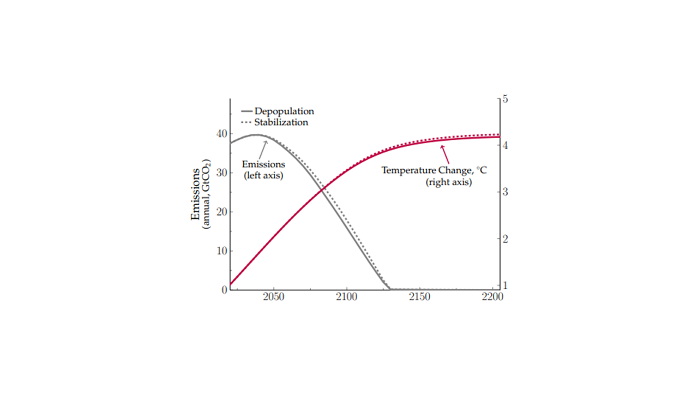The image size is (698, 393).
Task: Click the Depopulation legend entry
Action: (284, 111)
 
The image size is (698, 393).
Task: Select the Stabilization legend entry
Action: (281, 122)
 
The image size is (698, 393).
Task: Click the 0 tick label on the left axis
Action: (224, 290)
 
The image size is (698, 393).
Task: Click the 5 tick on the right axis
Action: (506, 99)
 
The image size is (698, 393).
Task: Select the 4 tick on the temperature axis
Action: (506, 146)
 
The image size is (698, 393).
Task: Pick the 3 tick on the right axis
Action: (506, 192)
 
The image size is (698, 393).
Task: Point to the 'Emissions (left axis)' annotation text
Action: (263, 170)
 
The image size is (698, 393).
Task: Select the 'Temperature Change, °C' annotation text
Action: (434, 170)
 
